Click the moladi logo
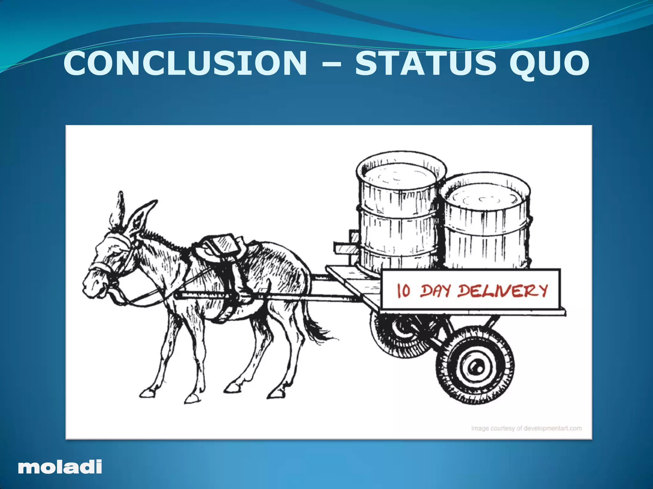(x=60, y=467)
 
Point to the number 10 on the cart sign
(x=403, y=290)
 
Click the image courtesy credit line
(x=526, y=428)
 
